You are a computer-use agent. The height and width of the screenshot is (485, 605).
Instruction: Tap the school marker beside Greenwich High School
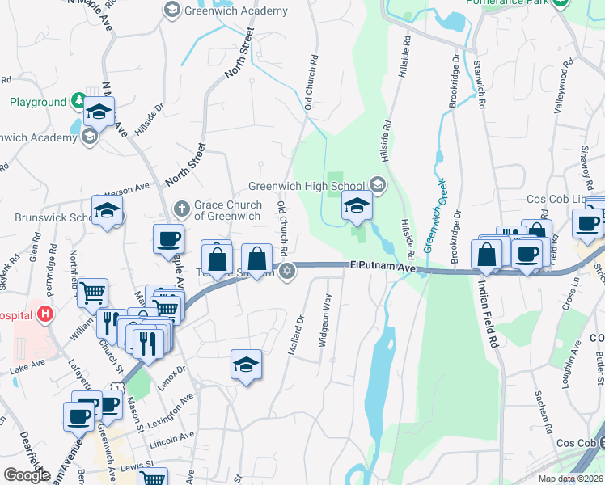pyautogui.click(x=357, y=207)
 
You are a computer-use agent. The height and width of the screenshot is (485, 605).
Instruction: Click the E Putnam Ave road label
pyautogui.click(x=382, y=265)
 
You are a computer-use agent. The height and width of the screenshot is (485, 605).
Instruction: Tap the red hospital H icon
pyautogui.click(x=46, y=314)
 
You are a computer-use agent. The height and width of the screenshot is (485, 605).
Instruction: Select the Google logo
pyautogui.click(x=27, y=475)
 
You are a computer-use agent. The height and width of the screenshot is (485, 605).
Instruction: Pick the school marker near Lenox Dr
pyautogui.click(x=246, y=365)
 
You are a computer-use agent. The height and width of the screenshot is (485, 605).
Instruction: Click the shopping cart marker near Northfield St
pyautogui.click(x=94, y=292)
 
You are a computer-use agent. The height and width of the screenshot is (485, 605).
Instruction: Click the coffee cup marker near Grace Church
pyautogui.click(x=168, y=239)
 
